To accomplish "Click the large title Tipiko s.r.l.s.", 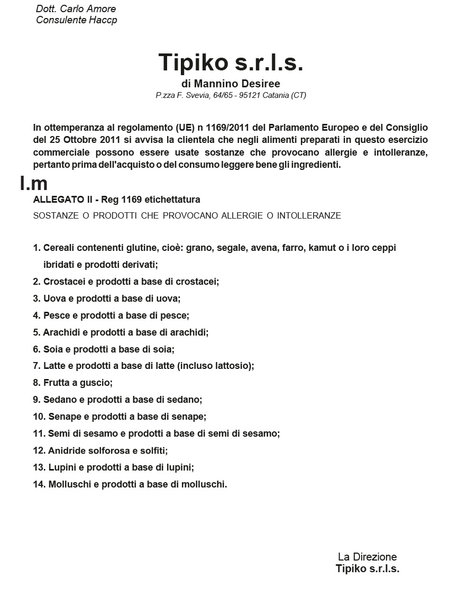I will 231,62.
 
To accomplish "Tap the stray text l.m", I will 34,183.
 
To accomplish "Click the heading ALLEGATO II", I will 62,200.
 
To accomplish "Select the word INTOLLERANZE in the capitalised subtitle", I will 309,215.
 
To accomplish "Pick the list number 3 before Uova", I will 36,299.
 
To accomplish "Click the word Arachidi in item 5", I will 60,332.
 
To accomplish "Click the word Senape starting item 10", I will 63,417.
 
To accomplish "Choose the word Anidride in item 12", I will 66,450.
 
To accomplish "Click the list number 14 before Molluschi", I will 39,484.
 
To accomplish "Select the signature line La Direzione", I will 367,557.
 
